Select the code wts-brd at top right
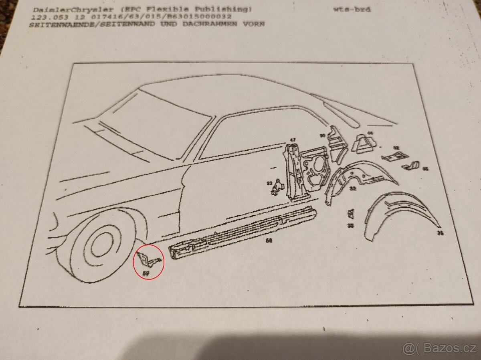(352, 9)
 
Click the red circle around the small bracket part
(148, 261)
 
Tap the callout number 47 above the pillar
(293, 140)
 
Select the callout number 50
(322, 136)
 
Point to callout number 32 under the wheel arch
(353, 188)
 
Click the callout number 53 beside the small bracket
(270, 183)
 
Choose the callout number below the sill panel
(269, 241)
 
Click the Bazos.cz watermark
(441, 348)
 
